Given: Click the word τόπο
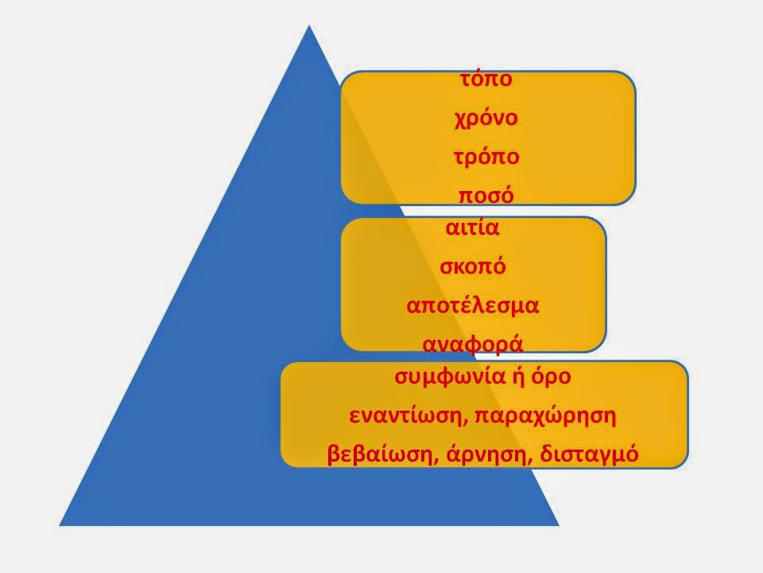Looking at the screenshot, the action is pyautogui.click(x=486, y=80).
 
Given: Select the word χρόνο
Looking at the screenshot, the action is pyautogui.click(x=486, y=118).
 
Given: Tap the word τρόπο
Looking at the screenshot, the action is pyautogui.click(x=486, y=157).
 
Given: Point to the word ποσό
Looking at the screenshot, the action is pyautogui.click(x=486, y=196).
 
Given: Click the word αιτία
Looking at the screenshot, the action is pyautogui.click(x=472, y=228).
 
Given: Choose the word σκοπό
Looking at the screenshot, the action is pyautogui.click(x=473, y=267).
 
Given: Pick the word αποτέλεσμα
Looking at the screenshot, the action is pyautogui.click(x=473, y=306).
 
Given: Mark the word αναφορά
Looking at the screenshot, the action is pyautogui.click(x=473, y=345).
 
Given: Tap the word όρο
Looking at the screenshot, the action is pyautogui.click(x=551, y=376).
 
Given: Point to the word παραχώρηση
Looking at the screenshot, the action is pyautogui.click(x=545, y=416).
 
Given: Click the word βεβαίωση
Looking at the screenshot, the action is pyautogui.click(x=380, y=454).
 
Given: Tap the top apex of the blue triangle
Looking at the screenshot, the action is pyautogui.click(x=309, y=25).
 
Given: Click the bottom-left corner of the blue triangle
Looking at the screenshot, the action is pyautogui.click(x=60, y=525).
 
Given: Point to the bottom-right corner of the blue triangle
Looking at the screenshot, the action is pyautogui.click(x=559, y=525).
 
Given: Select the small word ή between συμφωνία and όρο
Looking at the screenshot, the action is pyautogui.click(x=517, y=376).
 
